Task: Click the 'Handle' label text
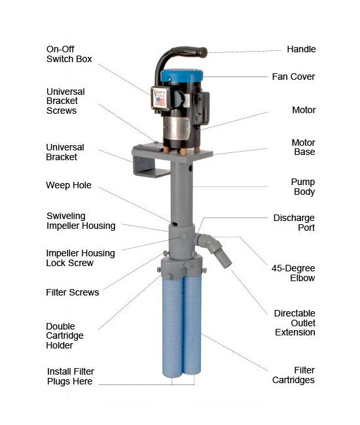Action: (x=301, y=49)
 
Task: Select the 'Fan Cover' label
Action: (x=293, y=76)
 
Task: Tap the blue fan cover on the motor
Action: (x=181, y=76)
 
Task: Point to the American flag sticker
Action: (x=160, y=102)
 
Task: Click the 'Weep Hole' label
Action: (x=69, y=186)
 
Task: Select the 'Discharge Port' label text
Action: (x=294, y=222)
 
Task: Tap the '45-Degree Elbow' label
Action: (x=293, y=273)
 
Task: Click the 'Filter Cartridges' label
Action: (x=293, y=375)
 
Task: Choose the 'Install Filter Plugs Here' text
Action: (x=70, y=376)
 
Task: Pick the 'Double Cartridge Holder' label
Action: (x=65, y=336)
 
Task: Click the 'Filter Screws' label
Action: (x=73, y=292)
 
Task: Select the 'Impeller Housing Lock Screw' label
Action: (x=81, y=258)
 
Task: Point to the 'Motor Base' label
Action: (x=303, y=147)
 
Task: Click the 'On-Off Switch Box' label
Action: (x=69, y=54)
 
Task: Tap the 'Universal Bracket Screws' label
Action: (x=65, y=101)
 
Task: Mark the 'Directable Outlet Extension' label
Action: (x=295, y=323)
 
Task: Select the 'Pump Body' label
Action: (x=303, y=187)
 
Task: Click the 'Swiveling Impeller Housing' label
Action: (x=81, y=221)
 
